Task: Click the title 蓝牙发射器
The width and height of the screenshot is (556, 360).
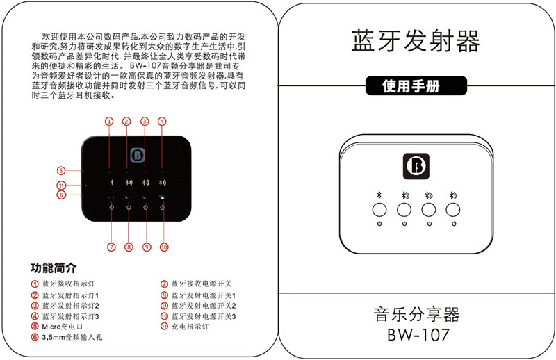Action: click(416, 41)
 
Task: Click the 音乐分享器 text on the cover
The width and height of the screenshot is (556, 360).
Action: click(417, 313)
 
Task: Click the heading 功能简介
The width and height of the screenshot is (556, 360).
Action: click(54, 268)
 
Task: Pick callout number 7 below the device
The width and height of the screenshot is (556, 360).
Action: click(111, 247)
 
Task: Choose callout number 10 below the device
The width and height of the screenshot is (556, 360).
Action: click(164, 247)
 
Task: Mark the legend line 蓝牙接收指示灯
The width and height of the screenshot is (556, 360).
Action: click(67, 284)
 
